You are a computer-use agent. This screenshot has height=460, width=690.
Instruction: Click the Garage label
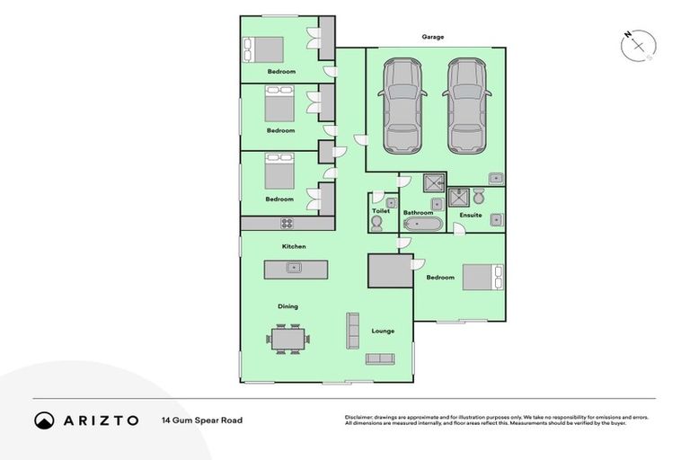434,37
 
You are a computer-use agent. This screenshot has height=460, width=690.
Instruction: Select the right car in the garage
466,105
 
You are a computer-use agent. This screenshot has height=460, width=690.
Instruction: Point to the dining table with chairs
287,339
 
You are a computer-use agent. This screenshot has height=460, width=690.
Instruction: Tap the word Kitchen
294,246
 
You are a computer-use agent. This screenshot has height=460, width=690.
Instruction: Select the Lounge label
383,332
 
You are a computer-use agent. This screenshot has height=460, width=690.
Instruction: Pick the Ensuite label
471,216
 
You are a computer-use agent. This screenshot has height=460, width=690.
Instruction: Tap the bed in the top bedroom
264,49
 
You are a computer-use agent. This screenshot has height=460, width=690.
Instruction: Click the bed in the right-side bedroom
477,277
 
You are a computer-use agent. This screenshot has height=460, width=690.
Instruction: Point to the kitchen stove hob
287,223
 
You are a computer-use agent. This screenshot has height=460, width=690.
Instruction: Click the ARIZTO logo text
101,420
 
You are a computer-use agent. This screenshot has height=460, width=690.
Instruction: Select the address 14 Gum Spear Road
202,420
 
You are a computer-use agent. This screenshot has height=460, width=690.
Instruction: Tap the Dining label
287,306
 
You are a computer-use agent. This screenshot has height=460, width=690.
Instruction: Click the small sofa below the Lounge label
379,359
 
